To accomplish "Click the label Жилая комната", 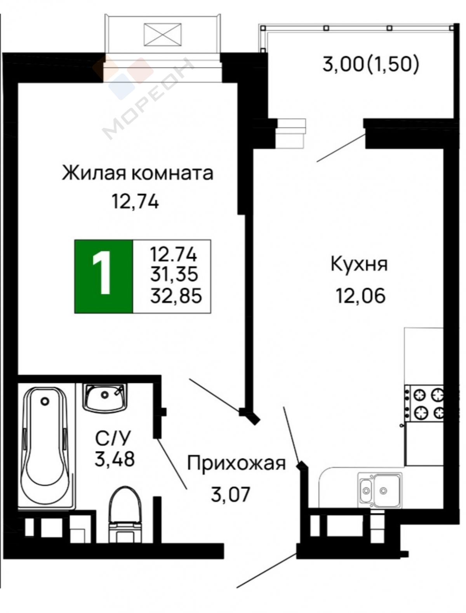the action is click(x=137, y=173).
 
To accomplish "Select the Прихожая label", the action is click(x=236, y=463).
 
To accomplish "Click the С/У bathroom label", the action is click(x=113, y=438).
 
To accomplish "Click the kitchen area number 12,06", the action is click(x=360, y=295).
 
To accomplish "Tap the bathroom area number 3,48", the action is click(x=115, y=459).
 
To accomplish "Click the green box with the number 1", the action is click(x=104, y=276).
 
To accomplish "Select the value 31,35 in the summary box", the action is click(x=174, y=274).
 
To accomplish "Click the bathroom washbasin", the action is click(x=104, y=397).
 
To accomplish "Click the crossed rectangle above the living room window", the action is click(x=162, y=35).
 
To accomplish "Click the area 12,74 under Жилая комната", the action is click(x=136, y=202).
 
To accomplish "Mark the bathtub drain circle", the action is click(x=45, y=401).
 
